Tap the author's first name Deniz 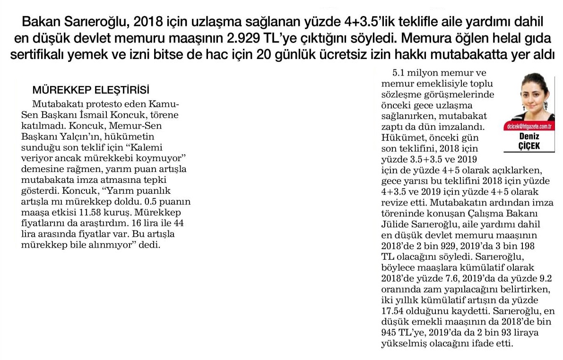529,137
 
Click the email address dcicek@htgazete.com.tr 529,127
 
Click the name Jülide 395,224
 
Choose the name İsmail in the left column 103,114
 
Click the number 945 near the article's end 390,333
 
